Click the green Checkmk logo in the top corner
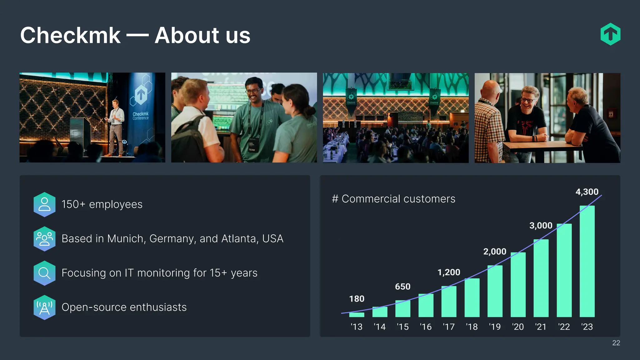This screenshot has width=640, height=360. point(610,34)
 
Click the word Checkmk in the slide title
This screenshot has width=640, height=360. point(70,35)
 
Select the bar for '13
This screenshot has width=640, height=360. point(357,314)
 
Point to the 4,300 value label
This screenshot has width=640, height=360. point(587,192)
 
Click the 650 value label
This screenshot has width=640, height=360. point(402,287)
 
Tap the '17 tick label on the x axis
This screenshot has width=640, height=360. point(449,327)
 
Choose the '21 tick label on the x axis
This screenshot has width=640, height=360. point(541,327)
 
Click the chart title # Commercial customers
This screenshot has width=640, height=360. point(393,199)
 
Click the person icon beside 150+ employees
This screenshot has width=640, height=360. point(44,204)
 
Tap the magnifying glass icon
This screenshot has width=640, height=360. point(44,273)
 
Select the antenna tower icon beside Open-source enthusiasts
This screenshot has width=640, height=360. point(44,307)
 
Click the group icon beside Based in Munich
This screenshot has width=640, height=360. point(44,239)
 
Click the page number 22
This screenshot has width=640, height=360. point(616,343)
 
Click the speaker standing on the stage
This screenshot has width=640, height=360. point(116,127)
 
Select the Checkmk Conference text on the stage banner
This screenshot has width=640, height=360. point(141,116)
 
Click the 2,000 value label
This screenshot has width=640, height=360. point(495,252)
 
